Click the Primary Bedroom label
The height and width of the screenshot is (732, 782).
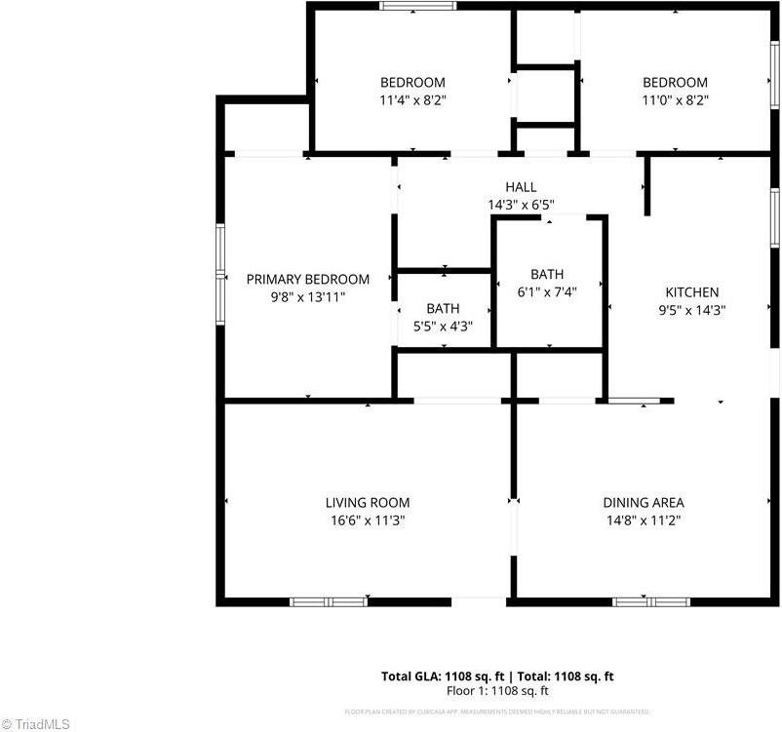tap(308, 279)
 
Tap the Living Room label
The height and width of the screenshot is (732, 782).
tap(368, 503)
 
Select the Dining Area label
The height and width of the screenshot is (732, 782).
tap(644, 503)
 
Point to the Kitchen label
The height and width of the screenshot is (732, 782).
tap(692, 292)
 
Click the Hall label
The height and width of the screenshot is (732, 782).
tap(521, 187)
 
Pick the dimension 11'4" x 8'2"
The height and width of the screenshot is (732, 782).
tap(413, 99)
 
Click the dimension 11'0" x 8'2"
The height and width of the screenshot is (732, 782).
tap(675, 99)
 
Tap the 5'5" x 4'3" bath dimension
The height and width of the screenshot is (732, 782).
tap(443, 327)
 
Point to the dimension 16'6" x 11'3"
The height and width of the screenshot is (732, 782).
tap(368, 520)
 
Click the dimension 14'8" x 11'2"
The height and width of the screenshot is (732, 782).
tap(644, 520)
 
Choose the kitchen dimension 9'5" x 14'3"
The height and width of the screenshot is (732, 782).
tap(692, 310)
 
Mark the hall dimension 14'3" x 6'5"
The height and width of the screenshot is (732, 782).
tap(521, 205)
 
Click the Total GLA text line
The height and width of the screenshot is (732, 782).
tap(496, 676)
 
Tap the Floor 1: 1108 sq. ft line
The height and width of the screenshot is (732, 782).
tap(497, 691)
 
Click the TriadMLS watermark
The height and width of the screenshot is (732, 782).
tap(35, 723)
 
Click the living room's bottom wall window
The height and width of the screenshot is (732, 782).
tap(329, 601)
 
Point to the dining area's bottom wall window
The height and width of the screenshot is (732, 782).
tap(650, 601)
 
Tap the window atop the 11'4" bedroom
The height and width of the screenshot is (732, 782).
tap(417, 6)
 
